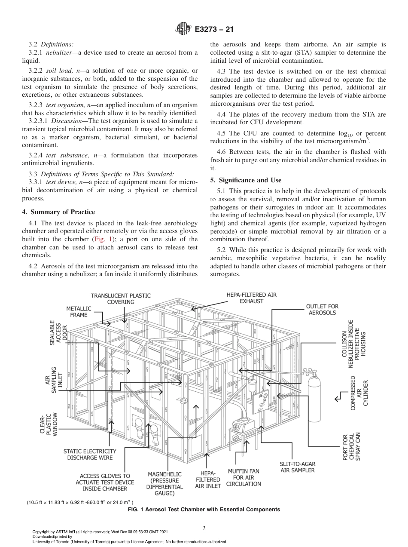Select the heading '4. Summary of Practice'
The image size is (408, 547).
tap(58, 212)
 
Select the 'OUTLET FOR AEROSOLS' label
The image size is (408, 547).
tap(322, 309)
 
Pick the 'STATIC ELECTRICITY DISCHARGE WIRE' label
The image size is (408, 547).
tap(90, 454)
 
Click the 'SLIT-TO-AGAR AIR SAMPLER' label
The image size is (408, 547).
tap(297, 467)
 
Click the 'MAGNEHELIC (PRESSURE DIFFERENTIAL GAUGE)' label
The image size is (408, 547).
tap(164, 483)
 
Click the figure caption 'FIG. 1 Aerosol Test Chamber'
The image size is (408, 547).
tap(204, 509)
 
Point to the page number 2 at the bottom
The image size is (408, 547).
tap(204, 529)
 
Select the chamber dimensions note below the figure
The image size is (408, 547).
tap(80, 502)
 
